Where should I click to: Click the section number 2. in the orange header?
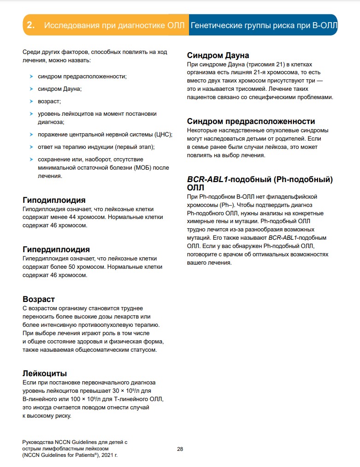click(x=31, y=25)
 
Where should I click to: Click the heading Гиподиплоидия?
click(x=54, y=200)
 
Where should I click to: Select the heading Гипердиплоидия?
click(x=56, y=249)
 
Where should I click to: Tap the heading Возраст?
click(x=39, y=299)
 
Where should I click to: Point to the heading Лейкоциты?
click(x=45, y=373)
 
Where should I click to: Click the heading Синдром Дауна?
click(x=218, y=55)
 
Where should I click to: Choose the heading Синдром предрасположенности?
click(x=251, y=121)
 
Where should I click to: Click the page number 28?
click(x=180, y=449)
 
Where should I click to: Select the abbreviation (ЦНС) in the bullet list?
click(x=163, y=135)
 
